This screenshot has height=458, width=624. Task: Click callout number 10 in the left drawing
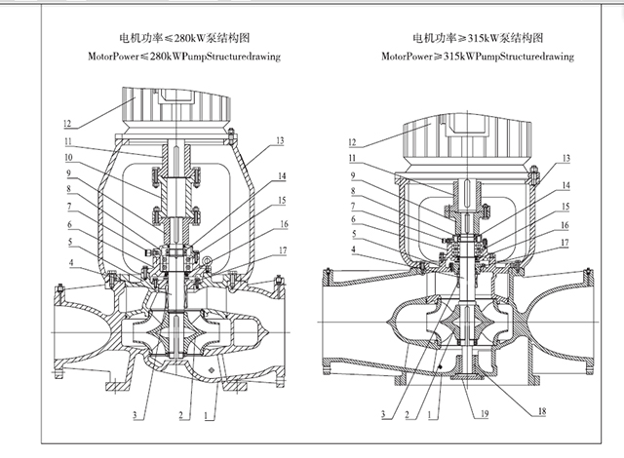click(70, 156)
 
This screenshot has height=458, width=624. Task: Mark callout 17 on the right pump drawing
click(566, 241)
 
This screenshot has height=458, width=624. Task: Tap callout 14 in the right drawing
click(566, 183)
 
